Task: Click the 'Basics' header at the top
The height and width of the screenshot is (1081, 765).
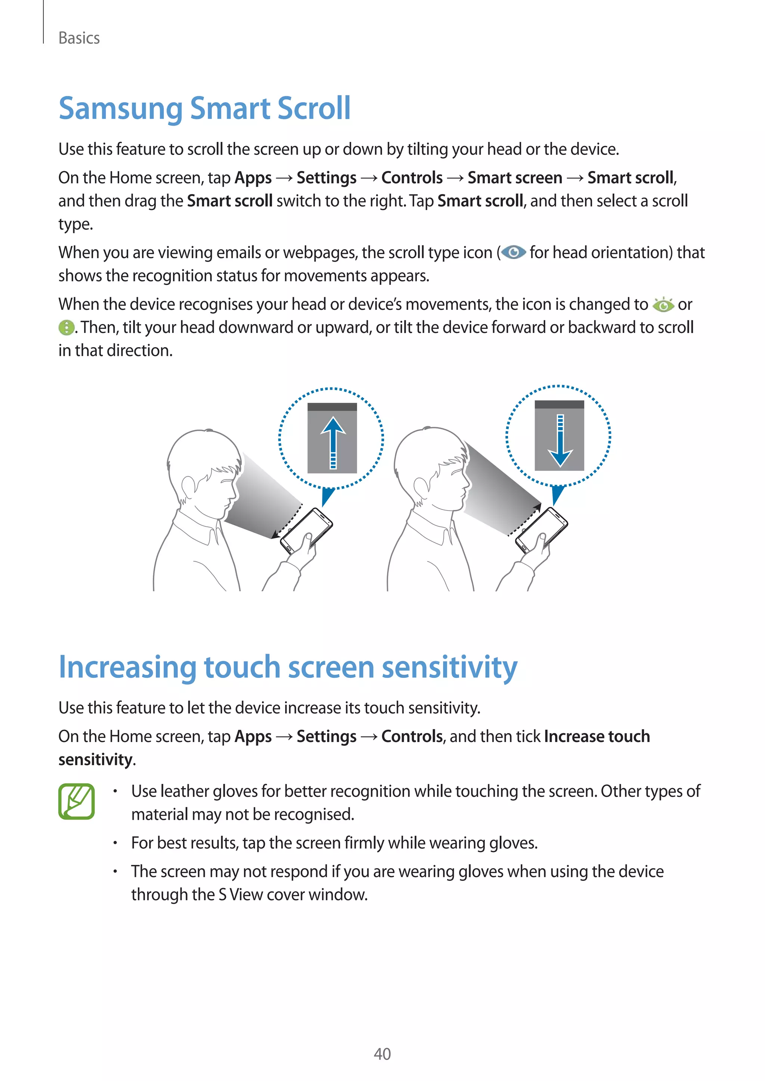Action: point(79,38)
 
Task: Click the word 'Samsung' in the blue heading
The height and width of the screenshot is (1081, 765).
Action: point(120,109)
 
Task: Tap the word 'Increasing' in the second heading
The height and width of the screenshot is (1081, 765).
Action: point(127,668)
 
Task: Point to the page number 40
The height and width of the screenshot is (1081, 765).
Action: point(382,1054)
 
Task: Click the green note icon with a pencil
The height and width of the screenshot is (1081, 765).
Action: point(76,801)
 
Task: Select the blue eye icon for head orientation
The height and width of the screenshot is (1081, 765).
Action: point(514,253)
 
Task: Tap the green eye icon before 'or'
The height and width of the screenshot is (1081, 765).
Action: point(663,305)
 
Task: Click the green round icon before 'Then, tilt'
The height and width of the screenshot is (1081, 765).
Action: point(66,327)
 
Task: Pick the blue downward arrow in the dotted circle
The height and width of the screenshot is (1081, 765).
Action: point(560,440)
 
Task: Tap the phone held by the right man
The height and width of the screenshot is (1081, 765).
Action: point(541,530)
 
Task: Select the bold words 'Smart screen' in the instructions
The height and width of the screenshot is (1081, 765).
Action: point(514,178)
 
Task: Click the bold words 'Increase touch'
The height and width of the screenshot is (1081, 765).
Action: point(597,736)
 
